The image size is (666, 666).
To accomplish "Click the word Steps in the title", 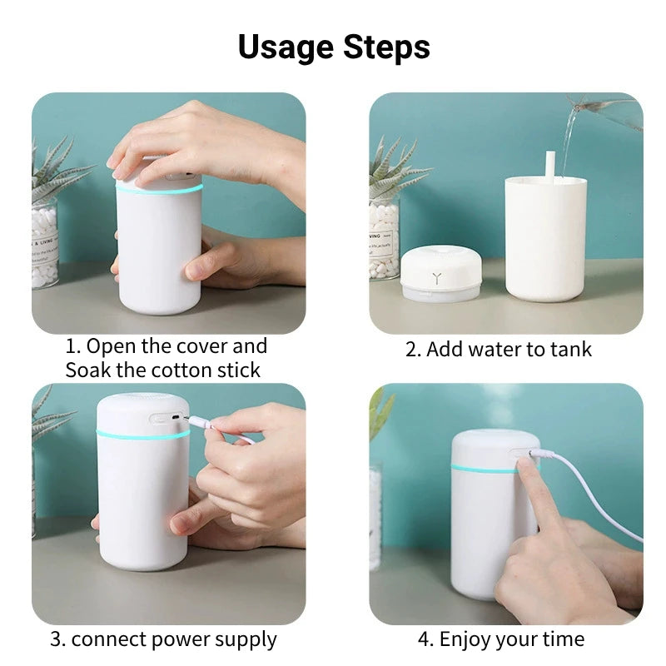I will tap(386, 47).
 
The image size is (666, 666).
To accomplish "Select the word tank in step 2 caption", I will tap(572, 350).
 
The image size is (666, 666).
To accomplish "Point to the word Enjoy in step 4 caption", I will tap(466, 639).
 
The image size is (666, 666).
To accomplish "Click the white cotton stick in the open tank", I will tap(550, 163).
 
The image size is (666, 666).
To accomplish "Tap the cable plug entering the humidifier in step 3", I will tap(198, 424).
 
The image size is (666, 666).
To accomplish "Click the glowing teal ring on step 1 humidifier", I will tap(158, 189).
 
